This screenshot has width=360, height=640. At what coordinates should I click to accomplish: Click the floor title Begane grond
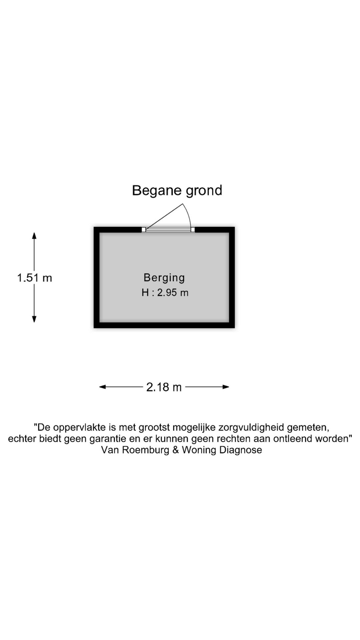tap(177, 190)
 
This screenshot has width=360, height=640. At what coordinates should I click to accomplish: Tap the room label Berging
tap(164, 277)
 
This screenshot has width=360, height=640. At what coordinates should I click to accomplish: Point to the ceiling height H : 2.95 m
tap(165, 293)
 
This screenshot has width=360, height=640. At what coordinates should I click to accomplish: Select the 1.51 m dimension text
tap(35, 278)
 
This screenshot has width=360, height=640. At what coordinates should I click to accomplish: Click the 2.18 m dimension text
tap(164, 387)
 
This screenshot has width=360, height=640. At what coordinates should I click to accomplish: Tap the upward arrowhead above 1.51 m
tap(34, 236)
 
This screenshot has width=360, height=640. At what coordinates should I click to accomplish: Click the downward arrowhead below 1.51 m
tap(34, 319)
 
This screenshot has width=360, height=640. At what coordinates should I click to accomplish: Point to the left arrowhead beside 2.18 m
tap(103, 387)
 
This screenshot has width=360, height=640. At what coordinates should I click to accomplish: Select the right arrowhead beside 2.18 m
tap(226, 387)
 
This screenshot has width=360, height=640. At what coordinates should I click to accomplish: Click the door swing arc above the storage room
tap(187, 213)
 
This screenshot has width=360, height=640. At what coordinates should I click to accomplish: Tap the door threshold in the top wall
tap(168, 229)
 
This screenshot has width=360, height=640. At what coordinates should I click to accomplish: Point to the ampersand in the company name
tap(176, 450)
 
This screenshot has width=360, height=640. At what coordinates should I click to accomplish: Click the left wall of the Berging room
tap(96, 277)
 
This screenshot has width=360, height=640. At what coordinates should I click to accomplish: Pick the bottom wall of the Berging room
tap(164, 325)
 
